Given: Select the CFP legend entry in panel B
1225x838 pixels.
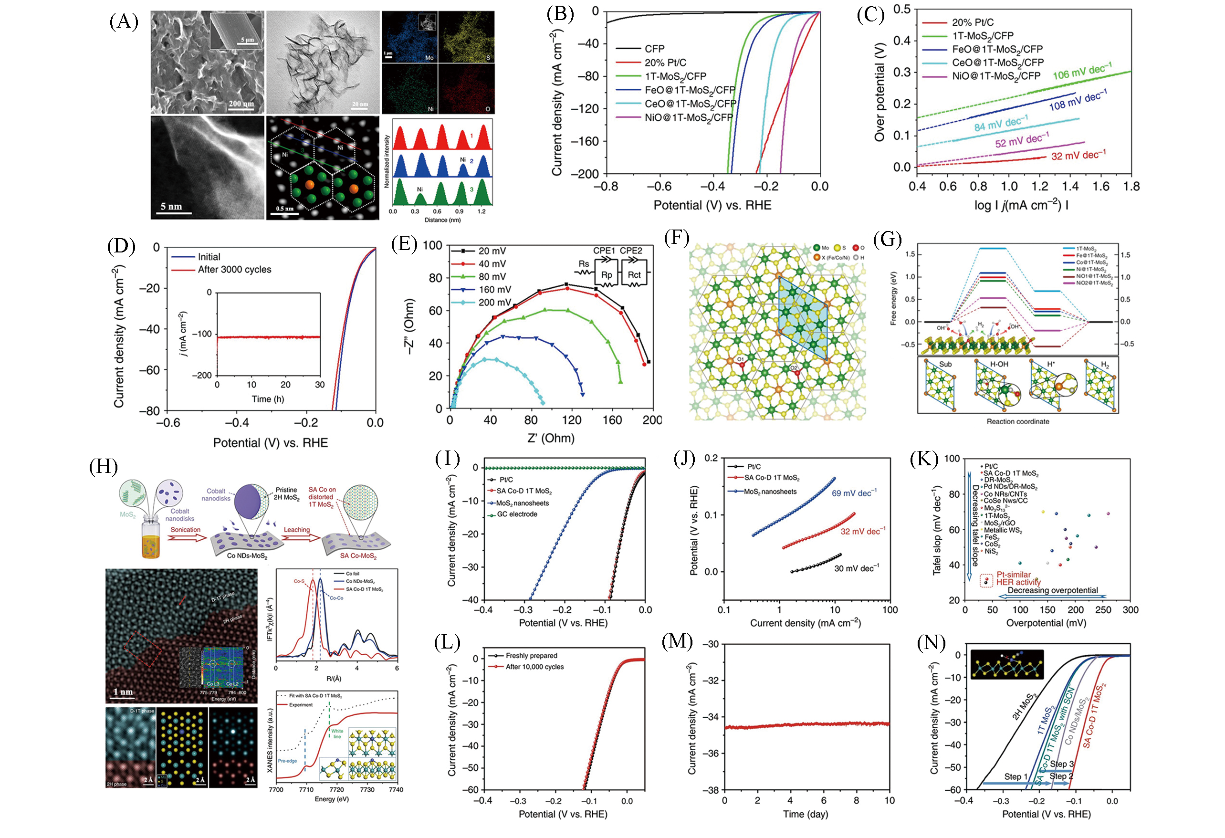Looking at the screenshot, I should point(654,49).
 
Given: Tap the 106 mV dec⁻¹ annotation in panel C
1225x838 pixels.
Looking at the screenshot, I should point(1082,72).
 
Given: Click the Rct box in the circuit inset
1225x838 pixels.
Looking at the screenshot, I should point(634,274).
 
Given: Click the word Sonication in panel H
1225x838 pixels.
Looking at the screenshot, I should point(185,530).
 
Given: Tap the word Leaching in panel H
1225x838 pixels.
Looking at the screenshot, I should point(297,530).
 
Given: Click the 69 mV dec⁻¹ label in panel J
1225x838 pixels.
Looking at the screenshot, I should point(854,493).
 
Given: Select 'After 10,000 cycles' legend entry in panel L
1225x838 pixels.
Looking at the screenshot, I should point(534,667).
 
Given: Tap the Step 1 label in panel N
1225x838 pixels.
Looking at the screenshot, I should point(1015,776).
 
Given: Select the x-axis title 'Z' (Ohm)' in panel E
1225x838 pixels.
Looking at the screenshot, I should point(551,438).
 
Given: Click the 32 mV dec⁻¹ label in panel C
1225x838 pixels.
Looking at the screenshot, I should point(1078,156).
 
